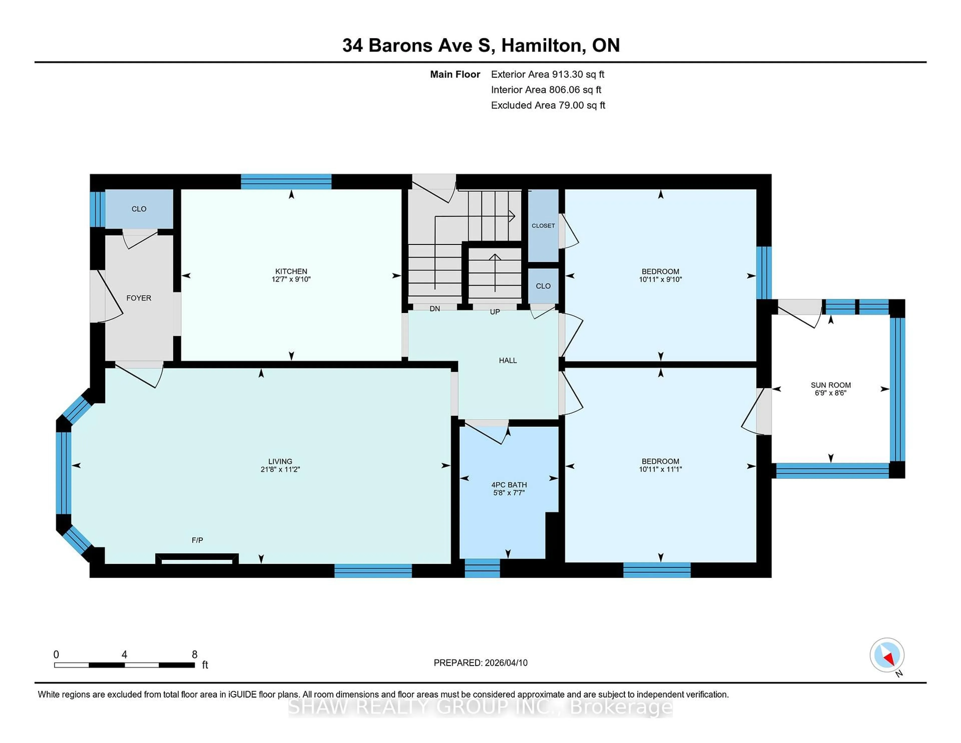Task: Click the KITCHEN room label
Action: [x=291, y=271]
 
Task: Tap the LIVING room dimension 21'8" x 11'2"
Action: [x=280, y=469]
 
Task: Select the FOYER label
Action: [x=139, y=298]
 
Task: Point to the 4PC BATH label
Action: [x=509, y=485]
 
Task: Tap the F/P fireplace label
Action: [x=197, y=540]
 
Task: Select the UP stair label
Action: [x=495, y=312]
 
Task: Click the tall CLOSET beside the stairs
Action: [x=543, y=225]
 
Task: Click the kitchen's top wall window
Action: [x=286, y=181]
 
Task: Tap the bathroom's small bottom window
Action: [x=482, y=568]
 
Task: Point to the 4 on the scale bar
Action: [x=125, y=655]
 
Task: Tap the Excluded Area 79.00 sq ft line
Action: [x=548, y=105]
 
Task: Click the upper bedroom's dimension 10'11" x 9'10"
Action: [x=660, y=279]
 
